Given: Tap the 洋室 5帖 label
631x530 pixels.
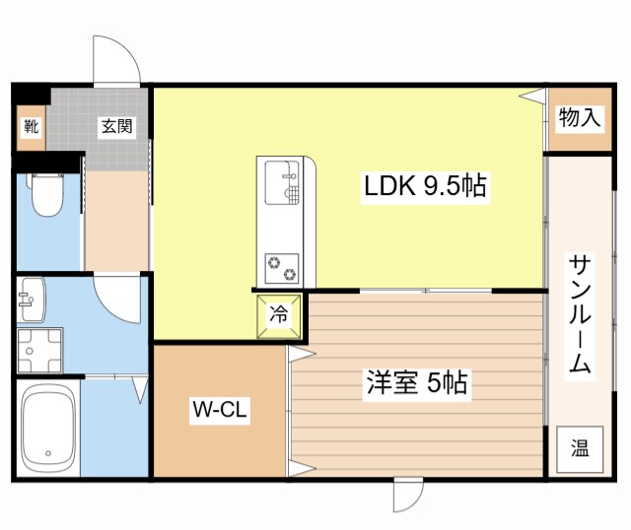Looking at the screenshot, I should click(x=403, y=381).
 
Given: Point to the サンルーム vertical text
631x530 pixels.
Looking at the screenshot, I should click(x=580, y=314).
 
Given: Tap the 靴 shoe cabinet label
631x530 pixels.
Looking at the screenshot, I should click(x=32, y=126).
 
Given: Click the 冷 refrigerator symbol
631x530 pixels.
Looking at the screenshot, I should click(x=279, y=315).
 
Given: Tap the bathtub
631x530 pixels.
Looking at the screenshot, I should click(x=48, y=429).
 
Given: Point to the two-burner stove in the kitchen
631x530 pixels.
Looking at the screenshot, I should click(x=283, y=266).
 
